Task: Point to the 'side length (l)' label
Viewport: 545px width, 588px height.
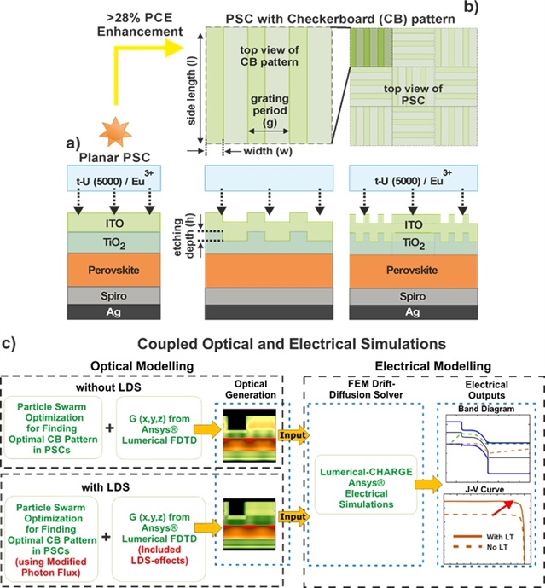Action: pos(191,84)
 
